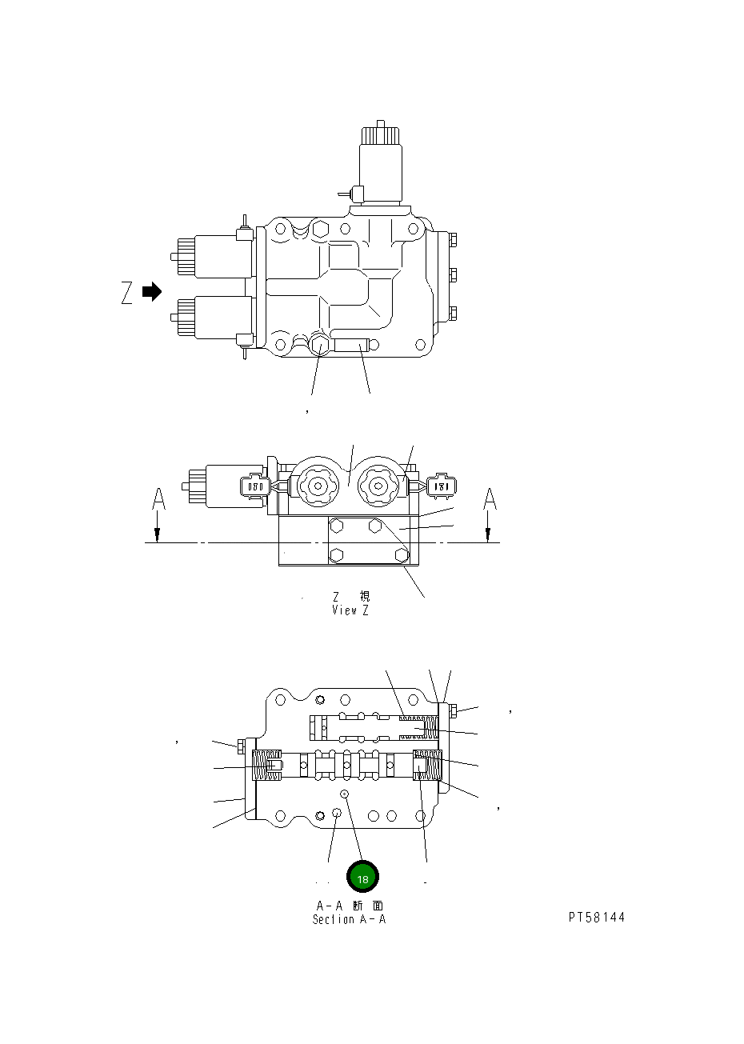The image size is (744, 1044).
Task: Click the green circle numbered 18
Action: [x=362, y=878]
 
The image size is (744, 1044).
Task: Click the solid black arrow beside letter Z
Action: [x=152, y=292]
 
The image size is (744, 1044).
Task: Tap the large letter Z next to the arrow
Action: [x=127, y=294]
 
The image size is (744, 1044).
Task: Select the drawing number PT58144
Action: [x=597, y=918]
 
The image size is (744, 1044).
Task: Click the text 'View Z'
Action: [x=350, y=610]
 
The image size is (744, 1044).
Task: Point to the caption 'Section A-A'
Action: [x=350, y=919]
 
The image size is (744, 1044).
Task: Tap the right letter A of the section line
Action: [x=490, y=499]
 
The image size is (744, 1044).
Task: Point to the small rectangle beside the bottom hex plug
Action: [x=352, y=346]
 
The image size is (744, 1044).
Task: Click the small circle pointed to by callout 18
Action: [x=344, y=794]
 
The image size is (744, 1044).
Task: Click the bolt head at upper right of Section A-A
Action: [x=452, y=710]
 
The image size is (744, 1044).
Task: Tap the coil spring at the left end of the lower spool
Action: [x=267, y=766]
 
